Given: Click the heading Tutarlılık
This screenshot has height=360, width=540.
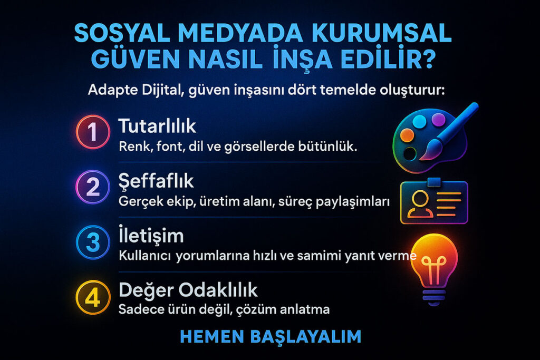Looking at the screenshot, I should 157,127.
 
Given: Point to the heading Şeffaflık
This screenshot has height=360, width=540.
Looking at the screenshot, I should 156,181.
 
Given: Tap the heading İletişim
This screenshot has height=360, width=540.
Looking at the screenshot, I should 151,236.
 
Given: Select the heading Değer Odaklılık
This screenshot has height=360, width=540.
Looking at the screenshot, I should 188,290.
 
